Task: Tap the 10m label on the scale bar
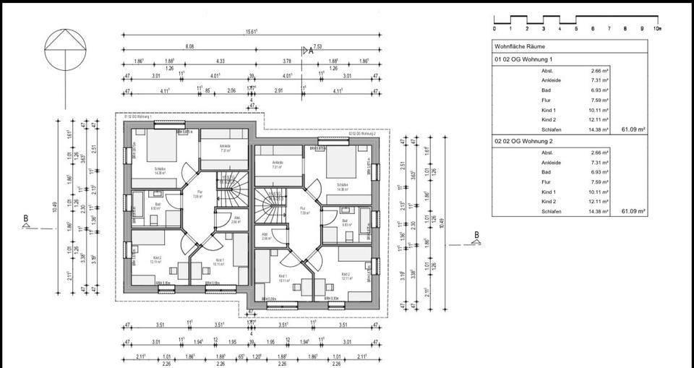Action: (x=656, y=29)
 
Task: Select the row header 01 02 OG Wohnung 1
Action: (x=523, y=59)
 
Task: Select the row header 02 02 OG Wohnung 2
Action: (x=523, y=141)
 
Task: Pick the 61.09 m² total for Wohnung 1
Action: (x=633, y=129)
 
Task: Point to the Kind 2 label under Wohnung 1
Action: (x=549, y=119)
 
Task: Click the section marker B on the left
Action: (x=26, y=218)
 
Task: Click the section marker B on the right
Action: (x=476, y=234)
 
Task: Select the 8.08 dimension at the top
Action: (x=189, y=46)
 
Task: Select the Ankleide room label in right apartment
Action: (x=278, y=163)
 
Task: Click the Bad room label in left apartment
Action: (x=157, y=205)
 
